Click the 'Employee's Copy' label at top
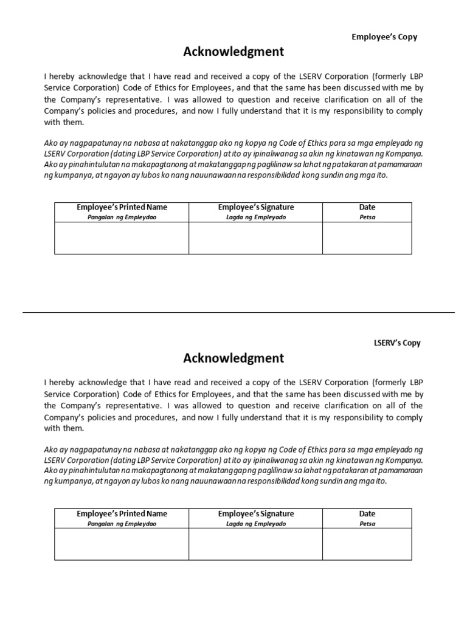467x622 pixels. pos(384,37)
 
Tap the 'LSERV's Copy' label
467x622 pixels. pos(396,343)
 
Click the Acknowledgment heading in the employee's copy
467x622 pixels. pos(233,52)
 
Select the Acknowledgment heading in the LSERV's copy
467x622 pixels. pos(233,358)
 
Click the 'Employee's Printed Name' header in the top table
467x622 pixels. pos(122,208)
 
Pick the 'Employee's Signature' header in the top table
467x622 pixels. pos(255,208)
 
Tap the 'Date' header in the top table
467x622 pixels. pos(367,208)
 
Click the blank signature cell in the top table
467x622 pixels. pos(255,238)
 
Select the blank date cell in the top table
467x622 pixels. pos(367,238)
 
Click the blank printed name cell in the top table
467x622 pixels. pos(122,238)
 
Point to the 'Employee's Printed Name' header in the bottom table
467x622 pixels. pos(122,514)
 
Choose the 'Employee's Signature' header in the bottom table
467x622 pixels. pos(255,514)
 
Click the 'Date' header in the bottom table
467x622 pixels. pos(367,514)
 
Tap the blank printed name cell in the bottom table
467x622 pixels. pos(122,544)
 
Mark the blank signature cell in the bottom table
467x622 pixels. pos(255,544)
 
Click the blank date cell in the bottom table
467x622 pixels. pos(367,544)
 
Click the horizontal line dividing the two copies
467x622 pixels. pos(238,313)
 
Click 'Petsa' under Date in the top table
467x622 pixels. pos(367,217)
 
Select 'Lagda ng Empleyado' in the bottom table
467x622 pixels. pos(255,524)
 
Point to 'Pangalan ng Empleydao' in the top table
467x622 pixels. pos(122,217)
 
